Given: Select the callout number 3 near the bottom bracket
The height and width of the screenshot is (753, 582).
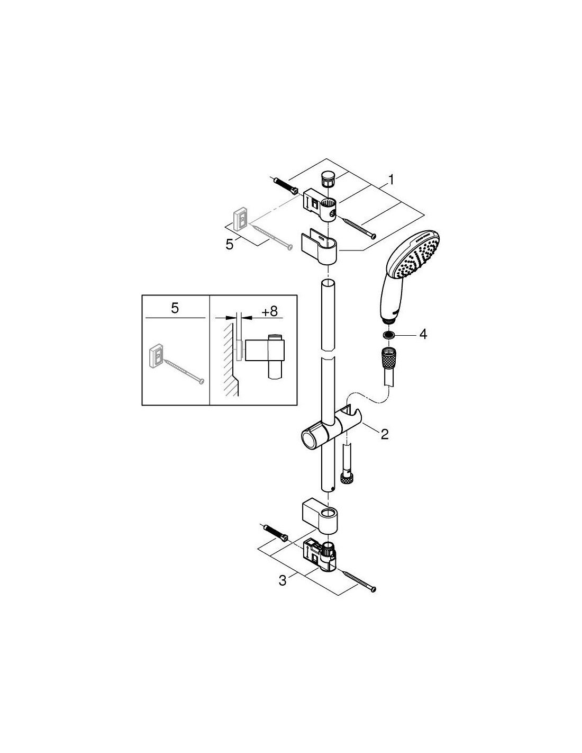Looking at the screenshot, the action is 283,580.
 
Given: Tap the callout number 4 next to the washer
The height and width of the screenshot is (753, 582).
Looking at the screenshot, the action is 423,334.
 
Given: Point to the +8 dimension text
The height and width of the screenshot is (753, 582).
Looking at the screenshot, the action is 269,311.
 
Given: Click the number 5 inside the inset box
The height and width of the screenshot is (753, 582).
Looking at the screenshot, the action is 175,308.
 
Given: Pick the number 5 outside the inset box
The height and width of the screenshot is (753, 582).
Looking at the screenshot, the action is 229,245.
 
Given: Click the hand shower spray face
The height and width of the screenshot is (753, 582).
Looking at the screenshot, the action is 414,258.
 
